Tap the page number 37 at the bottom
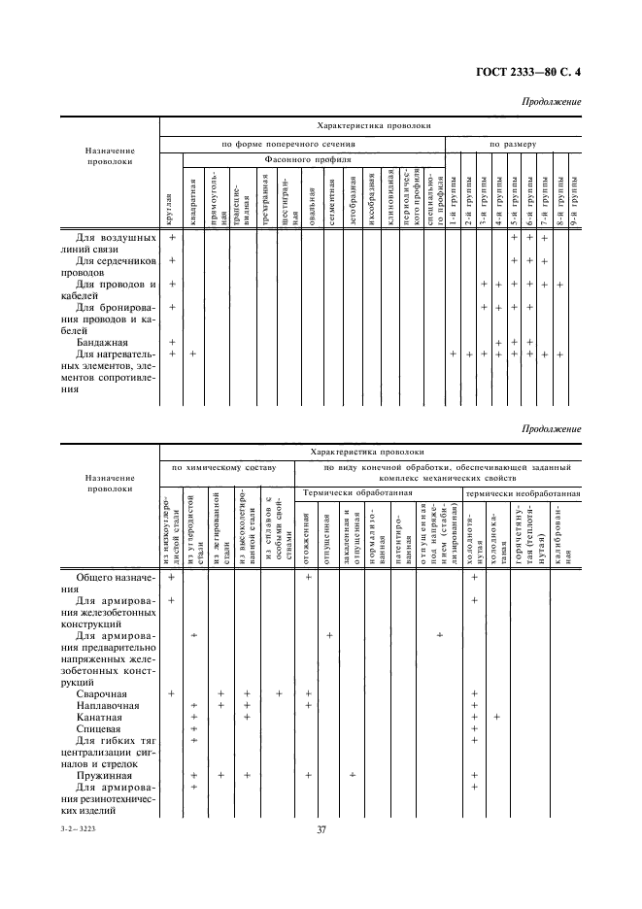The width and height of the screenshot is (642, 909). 321,829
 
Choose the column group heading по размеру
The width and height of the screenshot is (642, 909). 513,143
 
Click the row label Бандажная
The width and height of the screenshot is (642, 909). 100,342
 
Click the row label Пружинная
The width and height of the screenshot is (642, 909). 102,775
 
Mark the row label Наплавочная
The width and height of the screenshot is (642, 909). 107,705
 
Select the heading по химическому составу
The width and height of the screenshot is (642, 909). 225,468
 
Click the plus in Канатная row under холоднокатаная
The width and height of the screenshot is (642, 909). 496,717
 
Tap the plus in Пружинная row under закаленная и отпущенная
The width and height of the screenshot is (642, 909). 353,775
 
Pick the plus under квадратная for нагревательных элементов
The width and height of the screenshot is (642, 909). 192,353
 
